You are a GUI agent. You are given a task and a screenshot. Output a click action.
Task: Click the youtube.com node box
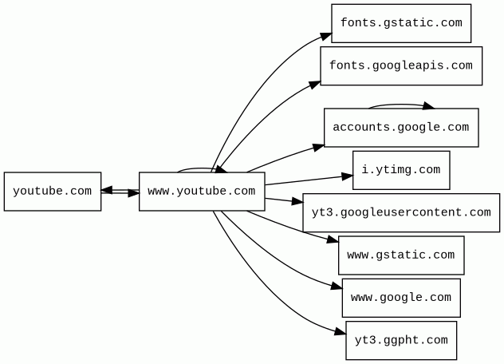pos(53,192)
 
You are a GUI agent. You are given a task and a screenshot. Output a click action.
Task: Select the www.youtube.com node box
pos(202,192)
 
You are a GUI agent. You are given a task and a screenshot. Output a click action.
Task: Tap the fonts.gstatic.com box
pos(401,23)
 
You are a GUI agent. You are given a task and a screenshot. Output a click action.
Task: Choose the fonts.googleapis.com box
pos(401,65)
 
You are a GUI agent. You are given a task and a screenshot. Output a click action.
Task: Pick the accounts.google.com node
pos(401,128)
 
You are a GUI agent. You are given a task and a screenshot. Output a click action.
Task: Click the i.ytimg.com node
pos(401,170)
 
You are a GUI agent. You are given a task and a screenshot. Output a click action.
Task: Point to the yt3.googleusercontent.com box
pos(401,212)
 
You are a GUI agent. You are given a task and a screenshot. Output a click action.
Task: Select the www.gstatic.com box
pos(401,255)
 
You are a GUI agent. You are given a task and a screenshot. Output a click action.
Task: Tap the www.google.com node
pos(401,298)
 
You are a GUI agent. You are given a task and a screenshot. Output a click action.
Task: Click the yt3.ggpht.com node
pos(401,341)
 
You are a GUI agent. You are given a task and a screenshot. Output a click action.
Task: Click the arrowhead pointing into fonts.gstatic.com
pos(327,36)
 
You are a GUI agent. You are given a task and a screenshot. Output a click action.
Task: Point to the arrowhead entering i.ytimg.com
pos(348,176)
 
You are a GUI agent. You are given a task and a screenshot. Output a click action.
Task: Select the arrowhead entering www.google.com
pos(337,287)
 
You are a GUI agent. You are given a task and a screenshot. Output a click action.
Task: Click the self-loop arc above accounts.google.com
pos(399,104)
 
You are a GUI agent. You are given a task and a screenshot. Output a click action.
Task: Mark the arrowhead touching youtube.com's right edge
pos(107,190)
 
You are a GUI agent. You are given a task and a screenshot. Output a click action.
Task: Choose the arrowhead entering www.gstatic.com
pos(333,239)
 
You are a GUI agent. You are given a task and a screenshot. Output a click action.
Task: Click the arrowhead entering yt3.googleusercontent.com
pos(297,203)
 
